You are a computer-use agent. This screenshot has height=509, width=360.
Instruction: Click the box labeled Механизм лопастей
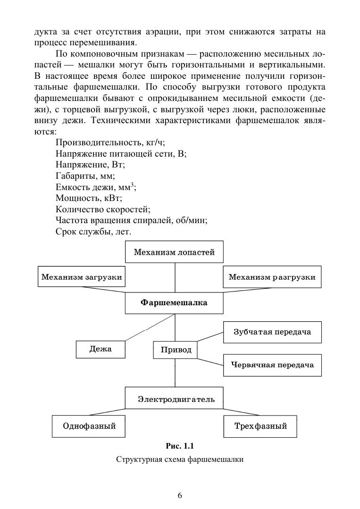[x=174, y=252]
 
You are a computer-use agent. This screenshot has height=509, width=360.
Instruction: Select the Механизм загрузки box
[x=82, y=277]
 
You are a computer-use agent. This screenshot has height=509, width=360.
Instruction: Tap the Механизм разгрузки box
[x=272, y=277]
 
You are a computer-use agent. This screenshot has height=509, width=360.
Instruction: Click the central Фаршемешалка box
[x=174, y=302]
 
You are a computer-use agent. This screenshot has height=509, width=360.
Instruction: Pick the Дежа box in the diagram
[x=100, y=350]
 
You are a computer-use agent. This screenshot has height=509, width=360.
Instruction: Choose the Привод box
[x=176, y=350]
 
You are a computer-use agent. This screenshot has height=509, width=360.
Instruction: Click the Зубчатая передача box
[x=272, y=332]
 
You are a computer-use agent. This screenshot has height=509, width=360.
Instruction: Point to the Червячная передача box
[x=272, y=365]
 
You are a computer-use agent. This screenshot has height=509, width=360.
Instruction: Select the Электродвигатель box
[x=176, y=399]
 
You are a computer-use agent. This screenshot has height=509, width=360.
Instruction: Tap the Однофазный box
[x=89, y=426]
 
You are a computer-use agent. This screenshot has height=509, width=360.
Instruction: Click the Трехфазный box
[x=260, y=426]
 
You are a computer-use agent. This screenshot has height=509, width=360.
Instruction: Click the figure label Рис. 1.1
[x=180, y=446]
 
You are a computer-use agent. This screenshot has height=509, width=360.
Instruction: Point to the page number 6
[x=180, y=495]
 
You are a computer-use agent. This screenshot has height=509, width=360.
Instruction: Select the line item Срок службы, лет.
[x=93, y=232]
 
